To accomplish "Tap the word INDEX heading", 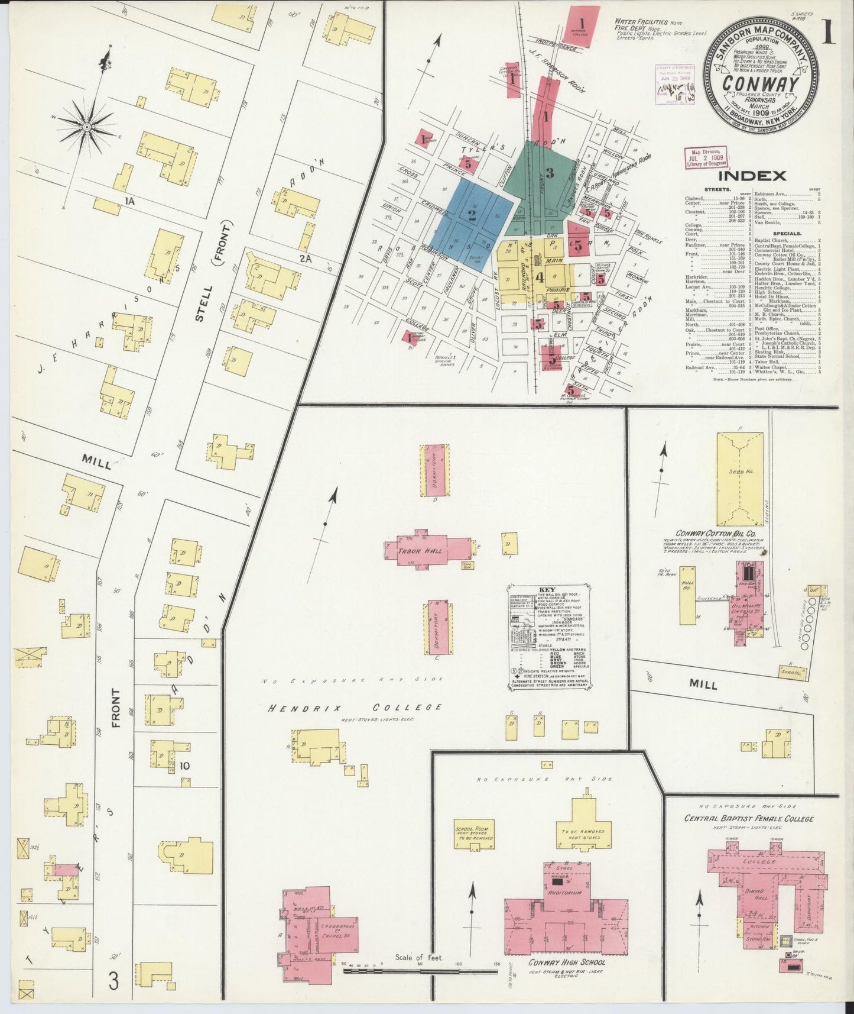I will tap(752, 176).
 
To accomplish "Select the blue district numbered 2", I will tap(472, 215).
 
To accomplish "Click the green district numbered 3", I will tap(549, 173).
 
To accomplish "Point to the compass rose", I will tap(87, 126).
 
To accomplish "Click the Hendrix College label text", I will tap(355, 708).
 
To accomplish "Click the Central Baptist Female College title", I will tap(748, 819).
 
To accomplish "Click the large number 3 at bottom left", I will tap(113, 981).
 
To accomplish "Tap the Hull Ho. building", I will tap(687, 595).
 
